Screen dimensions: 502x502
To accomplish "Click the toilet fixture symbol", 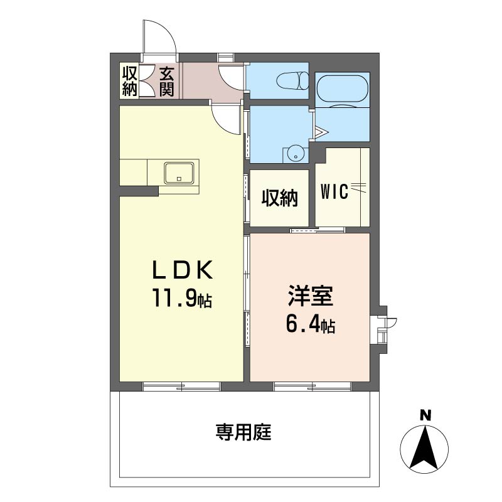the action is [x=292, y=81].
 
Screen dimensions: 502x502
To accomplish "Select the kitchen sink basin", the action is [x=179, y=173].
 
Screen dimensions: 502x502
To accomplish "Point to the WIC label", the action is [x=334, y=192].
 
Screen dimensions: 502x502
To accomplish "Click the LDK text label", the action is [x=182, y=270].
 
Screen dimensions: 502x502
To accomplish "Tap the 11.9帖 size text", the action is [x=182, y=297].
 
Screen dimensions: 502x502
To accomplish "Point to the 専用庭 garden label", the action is [x=243, y=432].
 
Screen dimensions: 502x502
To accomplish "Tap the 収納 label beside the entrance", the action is [x=130, y=81].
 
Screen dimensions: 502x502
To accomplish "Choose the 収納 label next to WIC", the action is [x=280, y=198].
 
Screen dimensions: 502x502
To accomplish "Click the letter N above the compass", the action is [x=425, y=415].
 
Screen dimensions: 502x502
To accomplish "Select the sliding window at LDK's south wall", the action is [x=181, y=387].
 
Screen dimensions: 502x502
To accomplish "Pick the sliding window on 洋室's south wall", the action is [x=312, y=387].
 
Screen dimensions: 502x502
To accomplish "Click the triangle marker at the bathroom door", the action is [x=321, y=132].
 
